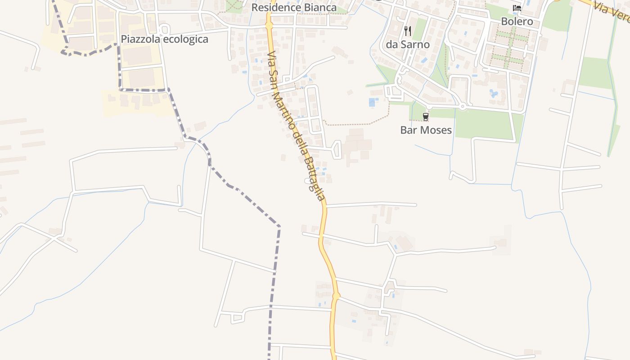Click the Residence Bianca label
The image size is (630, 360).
tap(294, 8)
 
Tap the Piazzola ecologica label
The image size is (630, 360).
tap(164, 39)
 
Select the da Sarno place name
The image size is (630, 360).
tap(408, 45)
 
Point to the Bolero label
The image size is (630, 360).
tap(517, 21)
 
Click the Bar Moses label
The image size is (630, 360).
tap(426, 130)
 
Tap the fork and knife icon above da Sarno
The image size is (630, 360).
tap(408, 31)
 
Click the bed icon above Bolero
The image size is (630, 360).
tap(517, 8)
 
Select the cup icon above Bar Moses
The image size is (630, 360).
tap(426, 117)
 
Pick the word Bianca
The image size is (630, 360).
tap(319, 8)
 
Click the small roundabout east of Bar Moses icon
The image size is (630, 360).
tap(463, 107)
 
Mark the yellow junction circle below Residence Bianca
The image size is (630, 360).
tap(269, 26)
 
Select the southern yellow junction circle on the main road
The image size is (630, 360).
tap(336, 296)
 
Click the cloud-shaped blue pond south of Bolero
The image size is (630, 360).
tap(494, 94)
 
